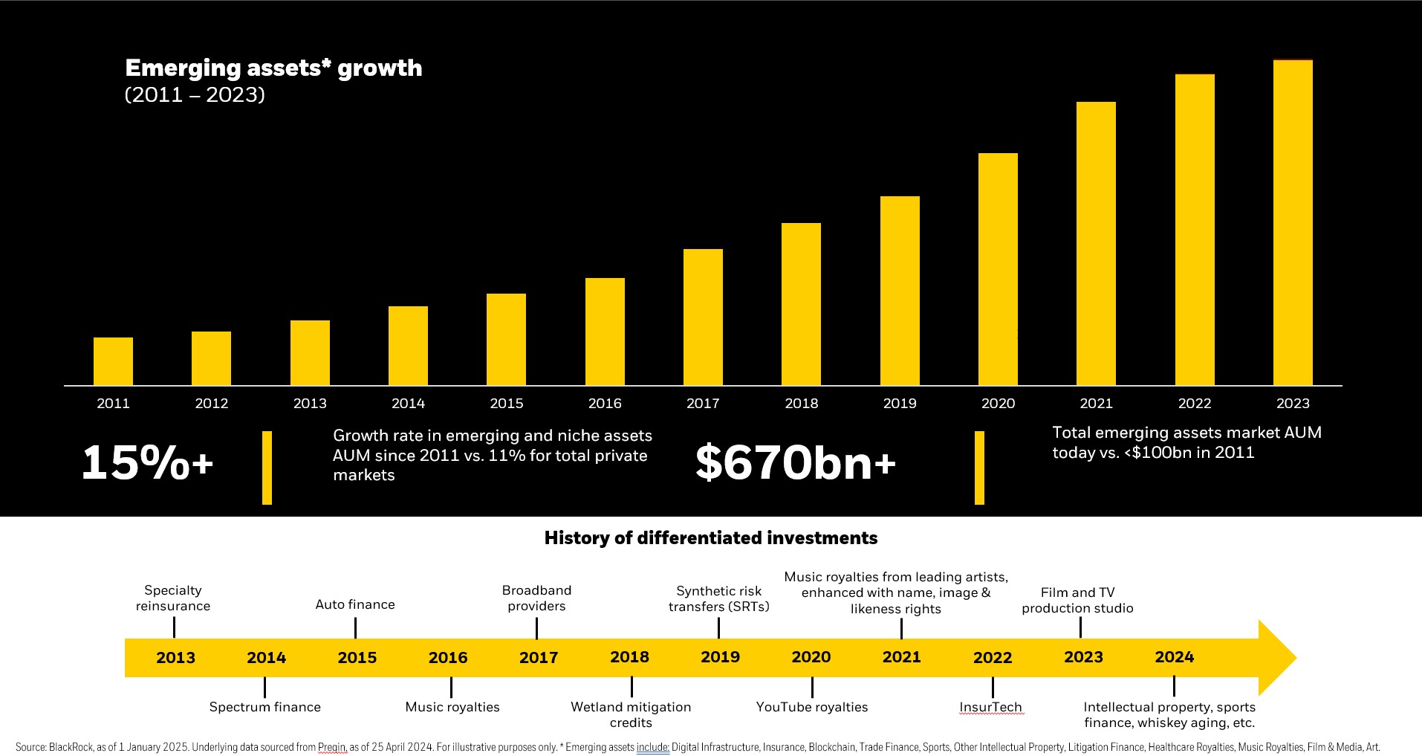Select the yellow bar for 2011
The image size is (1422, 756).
tap(113, 361)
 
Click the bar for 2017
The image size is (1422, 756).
tap(703, 317)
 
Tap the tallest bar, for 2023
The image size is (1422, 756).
tap(1293, 223)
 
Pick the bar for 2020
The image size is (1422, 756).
tap(998, 269)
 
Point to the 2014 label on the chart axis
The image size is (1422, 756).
tap(408, 404)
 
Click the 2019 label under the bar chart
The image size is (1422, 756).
tap(900, 404)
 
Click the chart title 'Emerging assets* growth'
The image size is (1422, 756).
tap(273, 68)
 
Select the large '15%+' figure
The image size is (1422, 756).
tap(147, 462)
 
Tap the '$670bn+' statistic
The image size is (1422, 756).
tap(796, 462)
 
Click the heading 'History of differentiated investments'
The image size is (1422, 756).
tap(711, 538)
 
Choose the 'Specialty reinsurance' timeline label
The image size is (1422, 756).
tap(173, 598)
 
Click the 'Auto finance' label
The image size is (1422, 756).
tap(355, 605)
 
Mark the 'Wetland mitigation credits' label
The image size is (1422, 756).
tap(631, 714)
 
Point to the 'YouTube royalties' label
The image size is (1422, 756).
tap(812, 707)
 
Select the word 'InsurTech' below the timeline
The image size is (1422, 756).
tap(990, 707)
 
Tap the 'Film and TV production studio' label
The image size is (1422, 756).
tap(1077, 601)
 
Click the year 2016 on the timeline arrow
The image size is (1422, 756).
tap(448, 658)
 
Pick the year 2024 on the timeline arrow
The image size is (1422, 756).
tap(1174, 657)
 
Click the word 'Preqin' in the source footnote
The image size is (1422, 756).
tap(332, 748)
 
